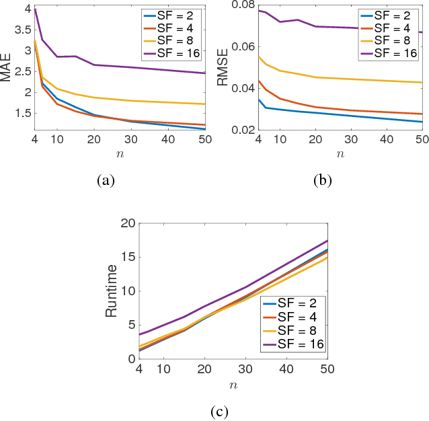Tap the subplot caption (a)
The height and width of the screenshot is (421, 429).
click(106, 180)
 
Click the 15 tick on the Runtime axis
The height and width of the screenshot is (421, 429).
click(129, 257)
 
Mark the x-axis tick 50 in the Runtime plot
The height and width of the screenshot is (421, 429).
click(327, 369)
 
